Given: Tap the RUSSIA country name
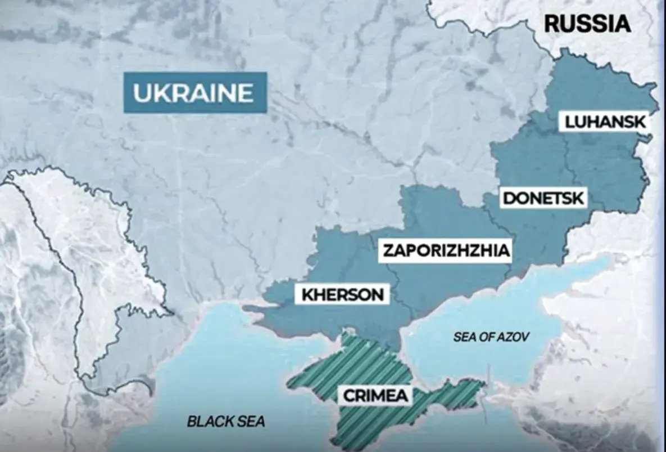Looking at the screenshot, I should [587, 24].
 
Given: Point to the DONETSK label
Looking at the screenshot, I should [544, 199].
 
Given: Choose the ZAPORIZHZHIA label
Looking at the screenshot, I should [446, 251].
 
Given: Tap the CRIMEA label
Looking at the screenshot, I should [376, 395].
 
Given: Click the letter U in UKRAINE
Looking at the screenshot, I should [141, 93].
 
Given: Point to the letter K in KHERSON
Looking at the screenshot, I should [307, 294].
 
